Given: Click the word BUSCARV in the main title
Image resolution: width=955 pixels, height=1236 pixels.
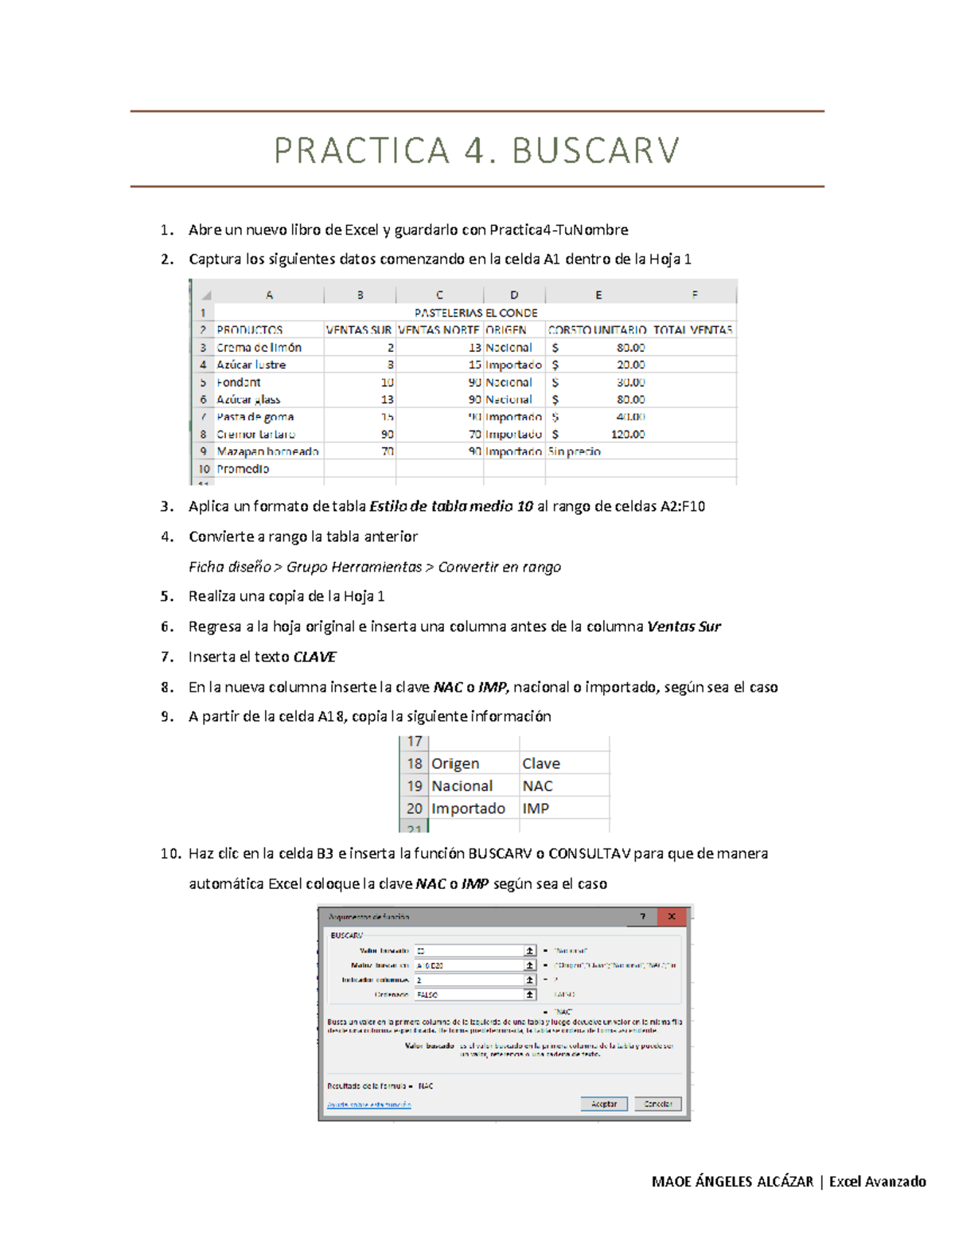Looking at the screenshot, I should pos(595,150).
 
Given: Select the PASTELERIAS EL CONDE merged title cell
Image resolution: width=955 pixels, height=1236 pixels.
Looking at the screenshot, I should pos(475,313).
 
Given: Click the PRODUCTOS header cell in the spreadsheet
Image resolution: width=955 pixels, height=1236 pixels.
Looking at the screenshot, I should pos(250,329).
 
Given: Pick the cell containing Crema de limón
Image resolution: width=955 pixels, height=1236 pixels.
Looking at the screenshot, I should pos(259,347).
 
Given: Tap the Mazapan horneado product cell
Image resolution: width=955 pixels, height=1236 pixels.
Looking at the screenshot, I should pos(267,451).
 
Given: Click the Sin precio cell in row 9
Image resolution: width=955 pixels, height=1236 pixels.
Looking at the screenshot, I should pos(575,451).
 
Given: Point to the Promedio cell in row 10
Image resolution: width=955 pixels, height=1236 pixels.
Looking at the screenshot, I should pos(244,469).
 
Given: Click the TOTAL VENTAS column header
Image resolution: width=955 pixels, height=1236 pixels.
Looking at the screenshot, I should pos(692,329).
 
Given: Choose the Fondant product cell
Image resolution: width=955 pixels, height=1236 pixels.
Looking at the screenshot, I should pos(239,382).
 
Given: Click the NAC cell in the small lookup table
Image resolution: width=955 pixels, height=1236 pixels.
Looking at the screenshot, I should pos(538,786).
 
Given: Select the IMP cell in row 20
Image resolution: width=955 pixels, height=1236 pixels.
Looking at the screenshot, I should pos(536,808).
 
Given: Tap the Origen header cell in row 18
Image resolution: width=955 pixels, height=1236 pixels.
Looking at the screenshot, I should pos(455,763).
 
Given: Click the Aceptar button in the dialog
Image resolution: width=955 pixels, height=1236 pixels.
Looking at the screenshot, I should pos(604,1104).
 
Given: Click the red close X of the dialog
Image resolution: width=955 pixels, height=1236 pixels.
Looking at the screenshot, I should pos(672,917).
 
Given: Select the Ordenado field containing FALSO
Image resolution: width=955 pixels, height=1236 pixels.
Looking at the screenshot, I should pos(470,994).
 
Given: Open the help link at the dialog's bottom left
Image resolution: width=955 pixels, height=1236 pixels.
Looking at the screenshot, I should pos(369,1105).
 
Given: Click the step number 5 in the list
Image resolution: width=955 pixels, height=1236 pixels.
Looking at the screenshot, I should pos(166,596).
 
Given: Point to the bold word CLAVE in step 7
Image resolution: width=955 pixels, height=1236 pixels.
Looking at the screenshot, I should pos(315,657).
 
